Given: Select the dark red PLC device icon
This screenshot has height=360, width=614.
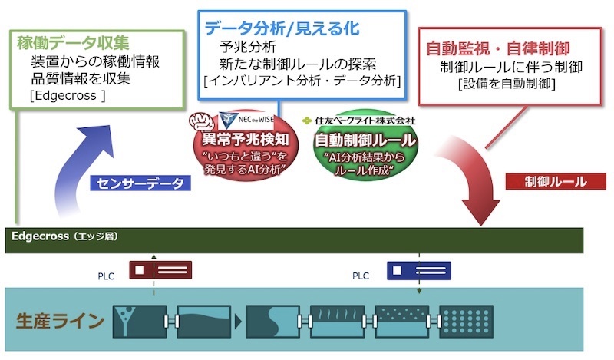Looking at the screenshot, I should [x=160, y=270].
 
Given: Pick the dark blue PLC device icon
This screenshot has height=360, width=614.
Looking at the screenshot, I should [x=417, y=270].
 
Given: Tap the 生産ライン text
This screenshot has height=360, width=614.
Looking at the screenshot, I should [x=60, y=320].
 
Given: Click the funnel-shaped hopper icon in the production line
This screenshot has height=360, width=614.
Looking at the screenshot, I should [x=127, y=320].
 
